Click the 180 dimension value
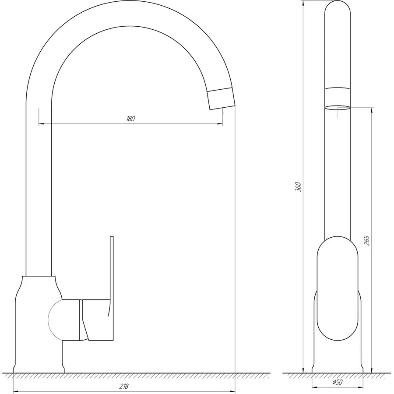point(130,119)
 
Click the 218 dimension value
point(124,386)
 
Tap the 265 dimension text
point(367,240)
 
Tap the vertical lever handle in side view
point(112,271)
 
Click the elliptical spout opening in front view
point(337,107)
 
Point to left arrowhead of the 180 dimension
point(42,124)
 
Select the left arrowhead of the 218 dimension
point(16,391)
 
